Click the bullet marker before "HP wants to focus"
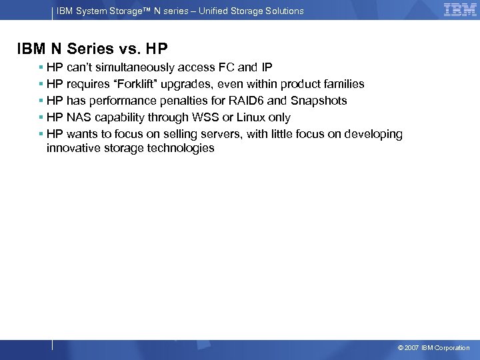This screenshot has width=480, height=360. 41,134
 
